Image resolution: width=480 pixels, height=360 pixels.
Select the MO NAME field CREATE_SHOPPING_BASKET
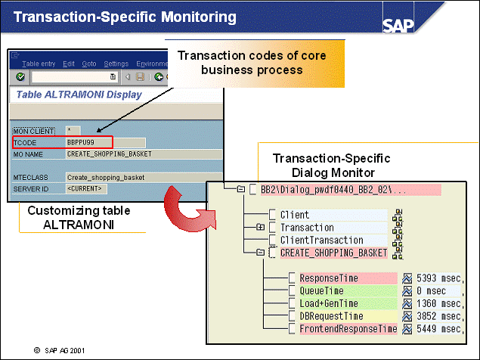pos(109,154)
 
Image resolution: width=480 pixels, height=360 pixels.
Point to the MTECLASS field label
pos(30,177)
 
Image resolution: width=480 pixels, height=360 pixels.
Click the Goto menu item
pos(89,64)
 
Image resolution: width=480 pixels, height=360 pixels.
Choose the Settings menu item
pos(116,64)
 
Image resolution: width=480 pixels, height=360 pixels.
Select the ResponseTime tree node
pos(327,278)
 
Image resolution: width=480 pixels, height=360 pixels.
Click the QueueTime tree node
pos(322,290)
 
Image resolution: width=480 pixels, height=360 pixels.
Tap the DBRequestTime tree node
pos(332,316)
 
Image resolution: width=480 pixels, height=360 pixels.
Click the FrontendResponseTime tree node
pos(348,329)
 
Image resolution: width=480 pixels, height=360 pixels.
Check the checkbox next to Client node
pos(272,215)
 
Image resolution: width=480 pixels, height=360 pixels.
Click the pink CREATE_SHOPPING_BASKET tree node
pos(333,253)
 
